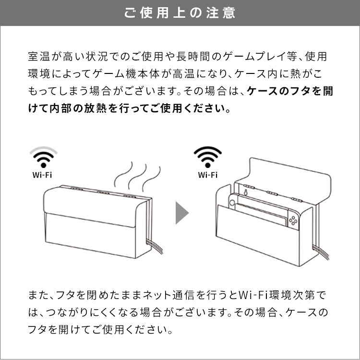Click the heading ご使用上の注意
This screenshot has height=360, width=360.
180,13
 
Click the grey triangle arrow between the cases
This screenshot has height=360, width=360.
182,213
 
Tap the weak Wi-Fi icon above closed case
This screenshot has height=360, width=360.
43,157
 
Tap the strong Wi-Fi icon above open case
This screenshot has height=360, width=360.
207,157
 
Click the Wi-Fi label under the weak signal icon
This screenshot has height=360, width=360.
42,175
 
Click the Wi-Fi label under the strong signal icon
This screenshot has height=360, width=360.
207,175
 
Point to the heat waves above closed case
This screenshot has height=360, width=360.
137,176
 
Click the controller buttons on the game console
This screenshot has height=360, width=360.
293,221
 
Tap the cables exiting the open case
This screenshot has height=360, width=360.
321,252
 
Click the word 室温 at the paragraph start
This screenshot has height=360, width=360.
39,57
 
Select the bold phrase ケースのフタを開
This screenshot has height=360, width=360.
290,91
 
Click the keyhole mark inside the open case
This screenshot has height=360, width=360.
246,192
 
